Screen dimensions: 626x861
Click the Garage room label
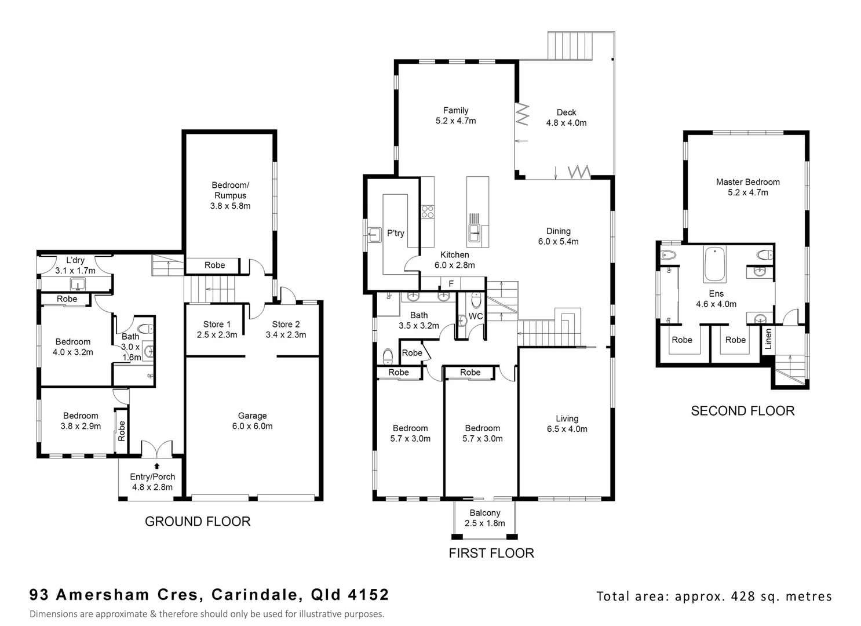252,416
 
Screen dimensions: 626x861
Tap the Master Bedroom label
747,182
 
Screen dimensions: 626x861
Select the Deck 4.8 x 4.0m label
566,118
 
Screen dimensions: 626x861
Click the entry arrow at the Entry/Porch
156,465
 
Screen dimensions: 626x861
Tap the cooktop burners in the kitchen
428,212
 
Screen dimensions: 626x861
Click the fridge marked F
451,283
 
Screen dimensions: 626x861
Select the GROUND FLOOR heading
198,522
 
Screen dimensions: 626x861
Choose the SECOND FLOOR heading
742,411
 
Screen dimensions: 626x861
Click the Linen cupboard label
768,339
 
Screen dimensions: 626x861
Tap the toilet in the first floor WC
476,300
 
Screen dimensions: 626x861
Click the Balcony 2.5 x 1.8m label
485,518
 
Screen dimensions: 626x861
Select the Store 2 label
286,325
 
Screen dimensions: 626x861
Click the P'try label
396,233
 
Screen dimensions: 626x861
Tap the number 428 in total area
744,596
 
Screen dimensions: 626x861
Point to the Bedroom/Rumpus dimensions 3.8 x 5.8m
230,206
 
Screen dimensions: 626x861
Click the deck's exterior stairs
571,46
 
